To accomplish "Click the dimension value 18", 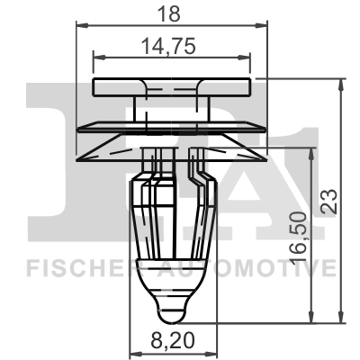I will pyautogui.click(x=171, y=13).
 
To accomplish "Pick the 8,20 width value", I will pyautogui.click(x=170, y=342).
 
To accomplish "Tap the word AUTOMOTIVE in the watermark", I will pyautogui.click(x=261, y=267).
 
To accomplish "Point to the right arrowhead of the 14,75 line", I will pyautogui.click(x=249, y=61).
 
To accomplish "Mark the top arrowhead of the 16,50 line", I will pyautogui.click(x=311, y=153).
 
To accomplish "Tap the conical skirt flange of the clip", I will pyautogui.click(x=171, y=148).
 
